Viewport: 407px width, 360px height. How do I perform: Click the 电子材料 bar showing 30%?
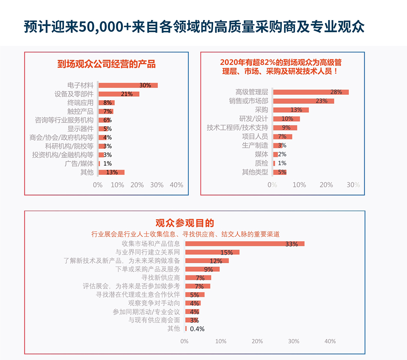coord(128,85)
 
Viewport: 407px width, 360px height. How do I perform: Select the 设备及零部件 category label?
coord(74,94)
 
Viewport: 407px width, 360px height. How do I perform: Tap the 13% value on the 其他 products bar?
coord(112,172)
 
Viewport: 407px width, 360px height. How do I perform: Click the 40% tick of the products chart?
coord(176,185)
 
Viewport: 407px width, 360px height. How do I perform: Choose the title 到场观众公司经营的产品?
coord(106,64)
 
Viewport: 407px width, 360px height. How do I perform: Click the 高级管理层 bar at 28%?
coord(311,92)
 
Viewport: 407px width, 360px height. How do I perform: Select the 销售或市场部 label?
coord(248,101)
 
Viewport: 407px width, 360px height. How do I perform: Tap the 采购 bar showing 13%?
coord(291,110)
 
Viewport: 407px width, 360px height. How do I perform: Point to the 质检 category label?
coord(261,163)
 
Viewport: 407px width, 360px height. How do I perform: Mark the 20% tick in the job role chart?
coord(326,185)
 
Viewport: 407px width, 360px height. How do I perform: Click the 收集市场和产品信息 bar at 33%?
coord(245,244)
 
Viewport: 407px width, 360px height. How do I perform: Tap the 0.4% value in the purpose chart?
coord(197,329)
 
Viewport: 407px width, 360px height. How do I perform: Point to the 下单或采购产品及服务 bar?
coord(202,269)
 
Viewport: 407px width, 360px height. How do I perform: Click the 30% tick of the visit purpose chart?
coord(294,341)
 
